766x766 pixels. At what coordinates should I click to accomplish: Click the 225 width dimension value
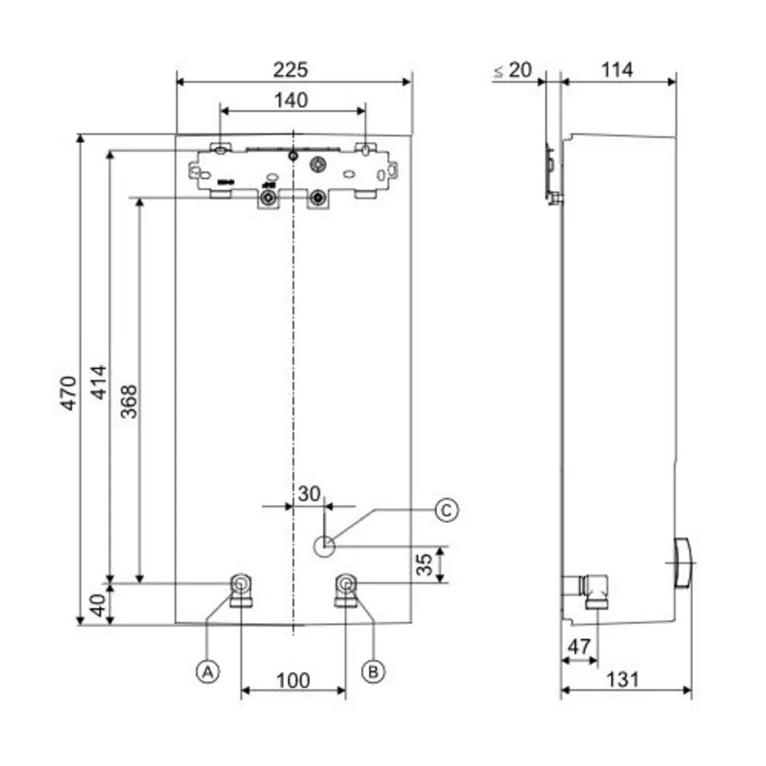(290, 70)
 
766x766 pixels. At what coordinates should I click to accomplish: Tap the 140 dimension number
(291, 100)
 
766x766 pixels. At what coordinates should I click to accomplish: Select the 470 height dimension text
(69, 393)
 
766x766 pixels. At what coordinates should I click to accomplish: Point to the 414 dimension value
(99, 382)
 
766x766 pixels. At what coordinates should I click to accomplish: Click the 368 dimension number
(129, 401)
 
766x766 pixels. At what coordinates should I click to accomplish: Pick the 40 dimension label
(98, 605)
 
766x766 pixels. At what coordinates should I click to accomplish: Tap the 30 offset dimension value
(309, 494)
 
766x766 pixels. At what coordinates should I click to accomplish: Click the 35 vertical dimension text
(424, 565)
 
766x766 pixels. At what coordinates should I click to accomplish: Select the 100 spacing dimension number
(293, 680)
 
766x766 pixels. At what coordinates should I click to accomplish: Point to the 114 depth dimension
(617, 70)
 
